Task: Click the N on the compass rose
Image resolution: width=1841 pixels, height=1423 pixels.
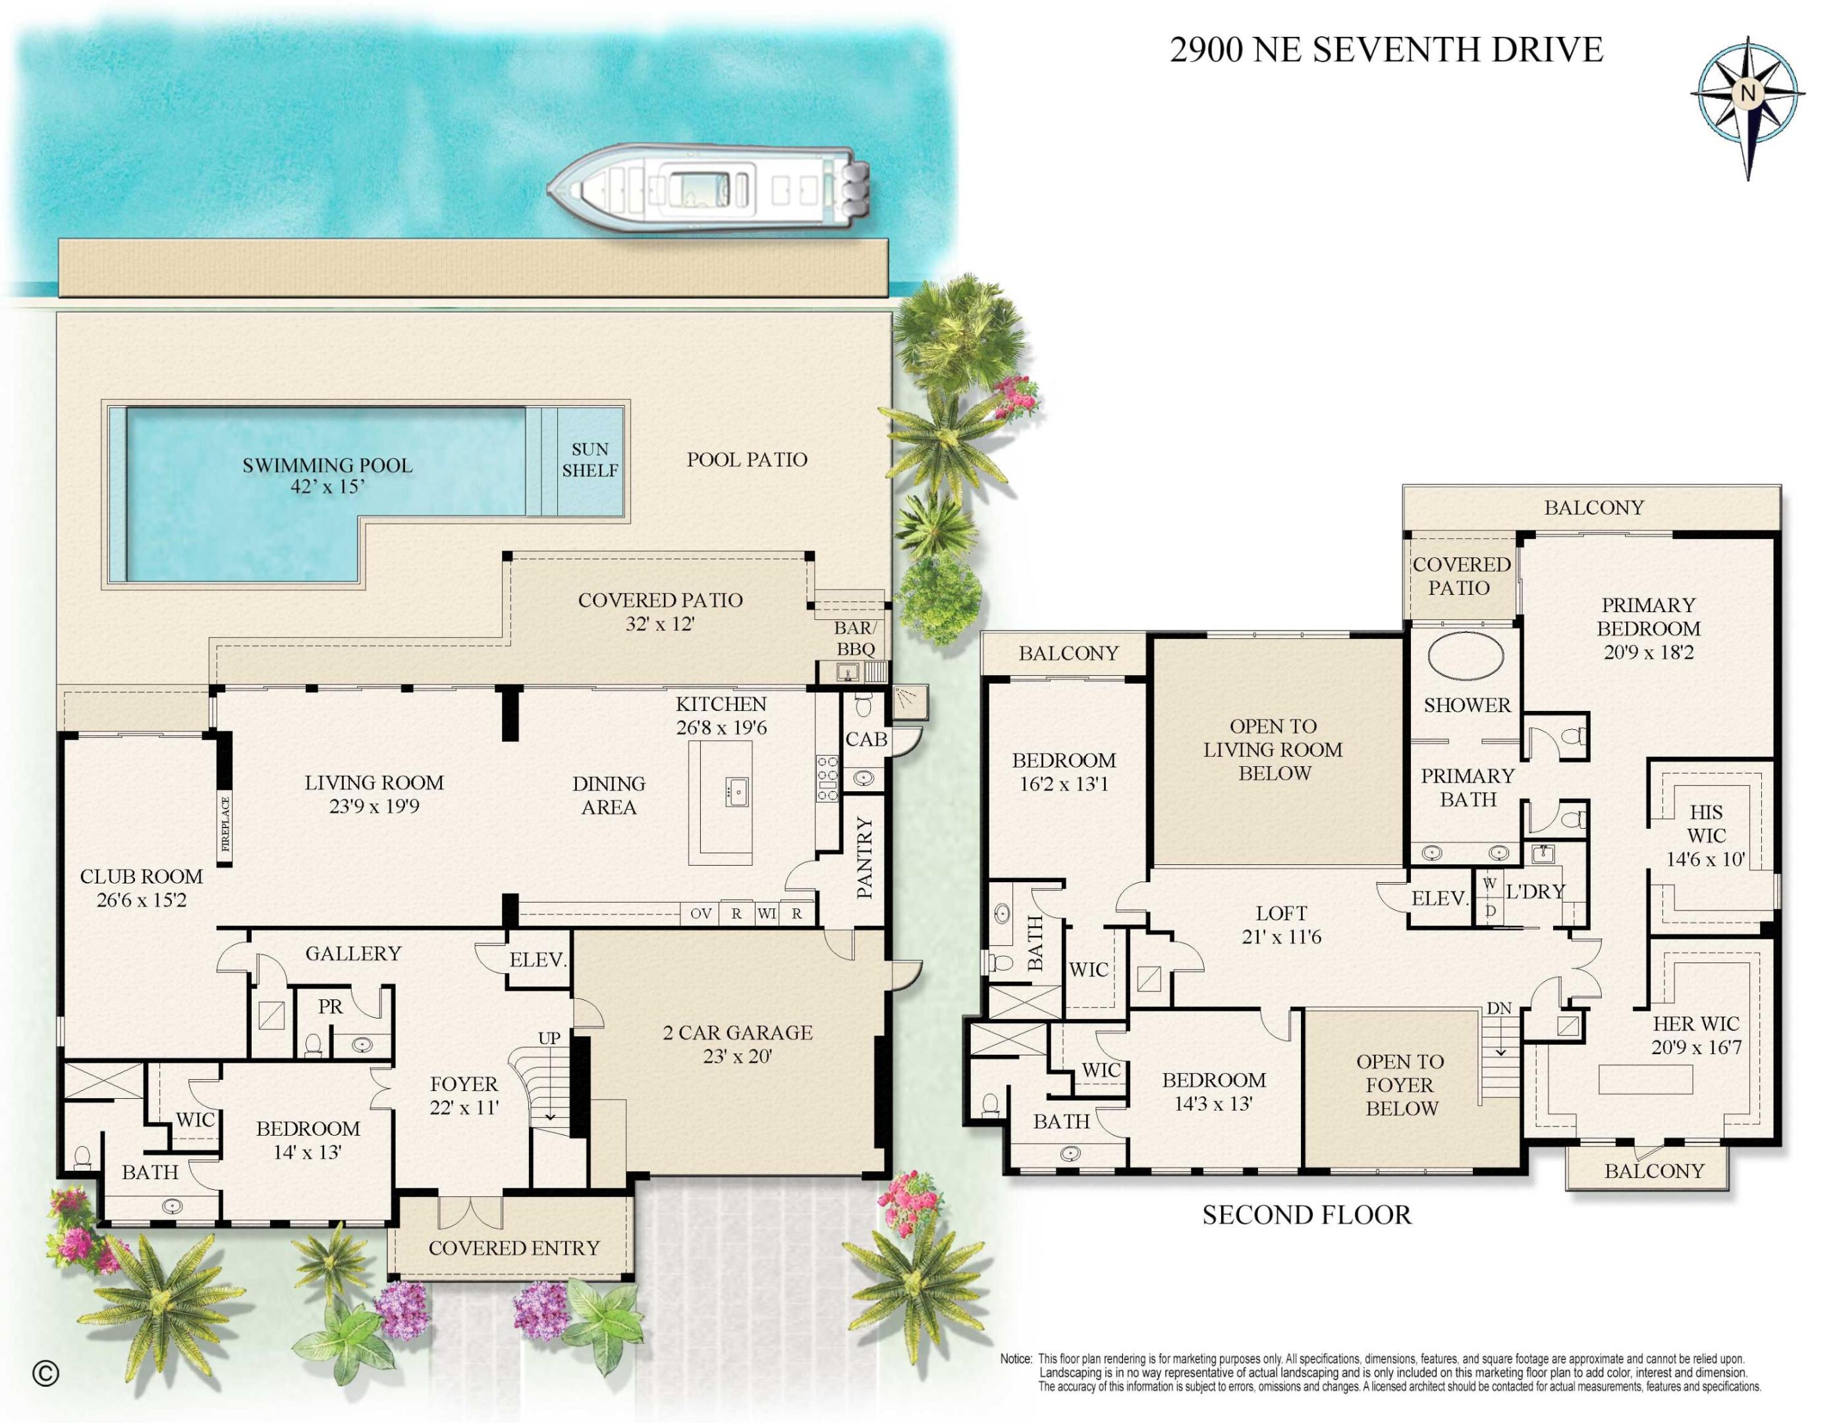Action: [x=1747, y=94]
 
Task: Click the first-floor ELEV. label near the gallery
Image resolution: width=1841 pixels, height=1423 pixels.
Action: [x=537, y=959]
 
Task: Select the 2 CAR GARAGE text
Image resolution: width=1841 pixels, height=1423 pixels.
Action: [x=738, y=1033]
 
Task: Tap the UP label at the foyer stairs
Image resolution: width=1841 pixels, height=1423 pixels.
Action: [x=549, y=1038]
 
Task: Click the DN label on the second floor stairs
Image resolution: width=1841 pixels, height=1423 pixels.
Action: [x=1498, y=1008]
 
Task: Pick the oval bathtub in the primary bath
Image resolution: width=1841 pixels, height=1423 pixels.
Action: [x=1465, y=657]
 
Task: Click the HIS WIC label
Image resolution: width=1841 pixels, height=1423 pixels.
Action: [x=1706, y=823]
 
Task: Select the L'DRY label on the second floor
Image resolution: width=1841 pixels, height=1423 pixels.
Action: [x=1535, y=891]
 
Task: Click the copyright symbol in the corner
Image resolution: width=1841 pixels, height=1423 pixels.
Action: [x=45, y=1374]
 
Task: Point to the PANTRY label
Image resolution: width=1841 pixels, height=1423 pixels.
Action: [x=865, y=857]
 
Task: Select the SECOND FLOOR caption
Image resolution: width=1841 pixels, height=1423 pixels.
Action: [x=1305, y=1215]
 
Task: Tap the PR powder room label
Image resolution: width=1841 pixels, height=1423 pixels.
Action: [x=331, y=1007]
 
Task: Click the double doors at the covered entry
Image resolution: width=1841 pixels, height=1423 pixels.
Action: [x=470, y=1212]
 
